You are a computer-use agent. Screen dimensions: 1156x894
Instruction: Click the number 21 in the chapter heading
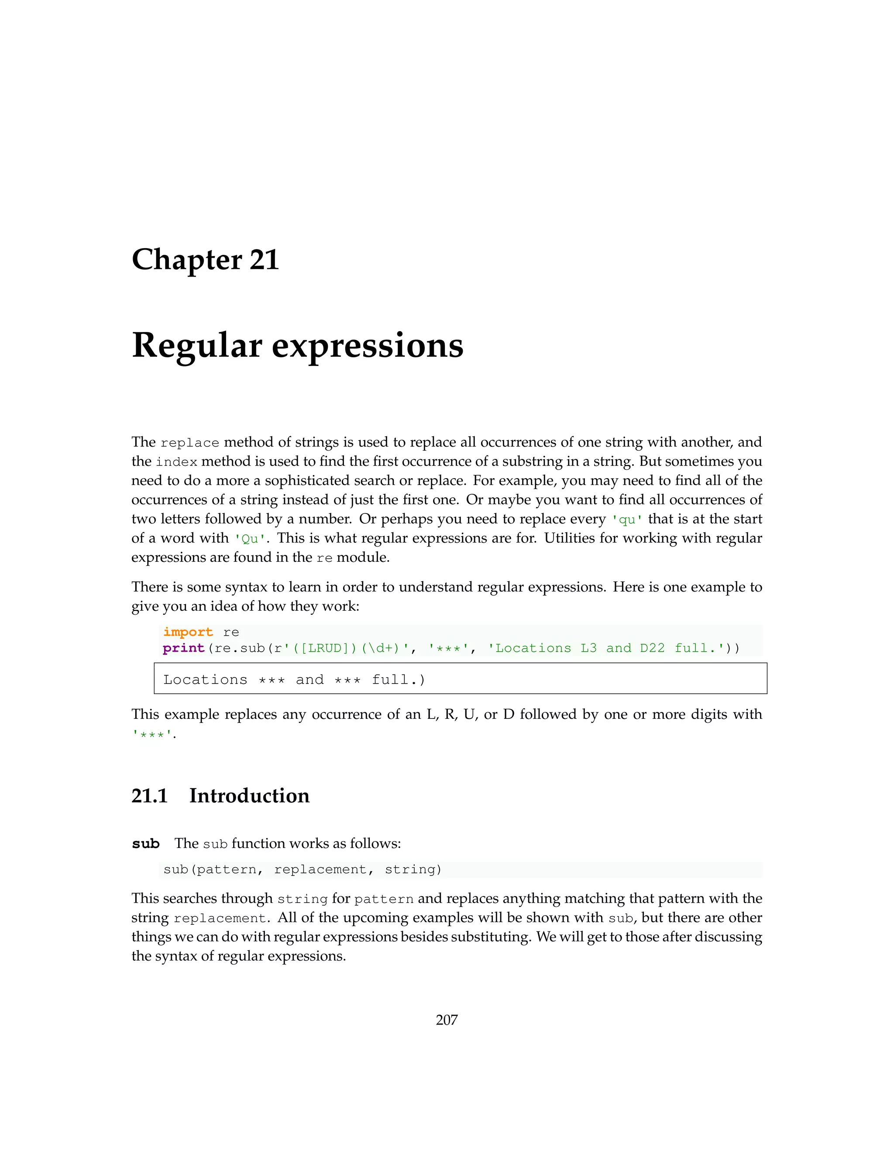pos(264,260)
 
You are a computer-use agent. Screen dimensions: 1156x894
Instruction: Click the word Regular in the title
pos(196,345)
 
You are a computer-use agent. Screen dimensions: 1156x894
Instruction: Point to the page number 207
pos(447,1019)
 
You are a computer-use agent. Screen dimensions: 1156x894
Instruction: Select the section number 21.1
pos(149,796)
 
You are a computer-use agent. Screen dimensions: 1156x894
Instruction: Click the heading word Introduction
pos(249,796)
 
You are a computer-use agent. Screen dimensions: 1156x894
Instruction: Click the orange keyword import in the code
pos(188,632)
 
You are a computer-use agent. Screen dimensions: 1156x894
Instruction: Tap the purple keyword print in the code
pos(183,648)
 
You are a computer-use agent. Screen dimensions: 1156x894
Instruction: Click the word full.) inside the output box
pos(398,680)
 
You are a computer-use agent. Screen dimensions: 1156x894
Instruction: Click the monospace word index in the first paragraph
pos(176,462)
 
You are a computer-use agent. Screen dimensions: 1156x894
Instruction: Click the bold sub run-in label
pos(146,844)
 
